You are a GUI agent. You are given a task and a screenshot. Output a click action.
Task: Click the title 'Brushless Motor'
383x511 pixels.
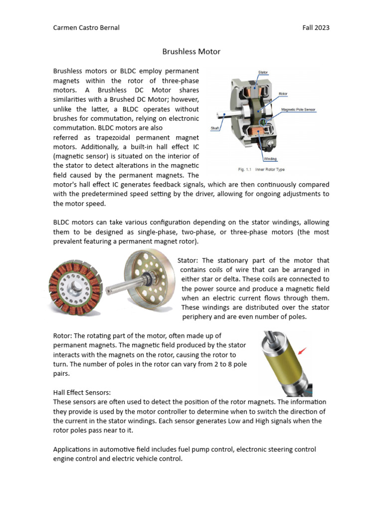191,51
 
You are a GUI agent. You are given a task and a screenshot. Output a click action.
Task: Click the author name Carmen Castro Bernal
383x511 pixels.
86,27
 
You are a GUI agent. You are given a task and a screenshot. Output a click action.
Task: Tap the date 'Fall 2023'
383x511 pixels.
316,27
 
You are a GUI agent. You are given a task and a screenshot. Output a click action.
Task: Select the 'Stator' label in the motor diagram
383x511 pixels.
263,73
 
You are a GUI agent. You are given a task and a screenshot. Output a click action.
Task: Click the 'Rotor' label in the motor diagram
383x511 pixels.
283,94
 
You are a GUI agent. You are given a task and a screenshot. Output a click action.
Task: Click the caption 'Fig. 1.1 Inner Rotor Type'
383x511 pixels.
261,170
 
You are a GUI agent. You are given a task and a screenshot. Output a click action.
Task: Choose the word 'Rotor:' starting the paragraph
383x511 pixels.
63,336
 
